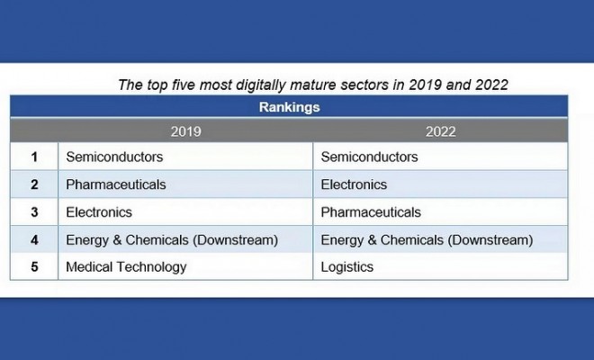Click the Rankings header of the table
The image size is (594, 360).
[x=290, y=107]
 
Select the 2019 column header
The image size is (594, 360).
[x=185, y=131]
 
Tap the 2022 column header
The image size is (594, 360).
[x=441, y=131]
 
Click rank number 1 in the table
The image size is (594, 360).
[x=34, y=157]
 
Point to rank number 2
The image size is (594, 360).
[x=34, y=184]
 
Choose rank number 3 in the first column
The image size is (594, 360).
[x=34, y=212]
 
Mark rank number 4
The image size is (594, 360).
[x=34, y=240]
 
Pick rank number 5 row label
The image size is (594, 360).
[x=34, y=266]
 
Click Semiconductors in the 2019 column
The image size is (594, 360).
[x=114, y=157]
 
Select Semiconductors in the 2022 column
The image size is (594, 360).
[x=369, y=157]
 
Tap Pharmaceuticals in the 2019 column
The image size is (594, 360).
[x=116, y=184]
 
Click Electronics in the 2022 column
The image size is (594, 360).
[x=354, y=184]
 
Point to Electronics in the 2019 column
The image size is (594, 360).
[x=99, y=212]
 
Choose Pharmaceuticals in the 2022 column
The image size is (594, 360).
[x=371, y=212]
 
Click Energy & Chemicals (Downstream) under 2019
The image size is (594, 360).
[x=172, y=240]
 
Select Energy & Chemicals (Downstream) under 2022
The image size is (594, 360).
[x=427, y=240]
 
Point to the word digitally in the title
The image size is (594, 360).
[x=261, y=85]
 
